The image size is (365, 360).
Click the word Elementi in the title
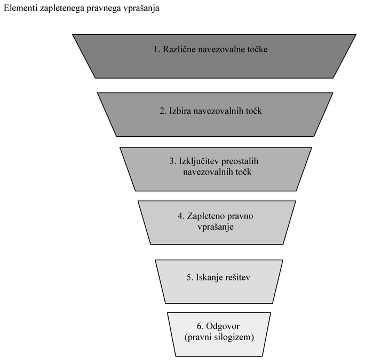pos(21,8)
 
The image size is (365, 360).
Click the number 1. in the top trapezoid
pos(157,49)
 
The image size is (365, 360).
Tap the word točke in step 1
pos(258,49)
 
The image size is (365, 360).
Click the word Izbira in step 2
pos(179,111)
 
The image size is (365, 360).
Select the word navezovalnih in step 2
pos(216,111)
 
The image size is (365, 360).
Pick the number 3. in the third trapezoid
pos(172,161)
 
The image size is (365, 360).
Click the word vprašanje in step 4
pos(216,227)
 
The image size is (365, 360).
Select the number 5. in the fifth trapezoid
pos(190,278)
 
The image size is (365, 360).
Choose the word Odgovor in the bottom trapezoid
pos(223,326)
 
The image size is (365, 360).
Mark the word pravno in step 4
pos(240,216)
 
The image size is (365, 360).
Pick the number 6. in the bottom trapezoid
pos(200,326)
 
